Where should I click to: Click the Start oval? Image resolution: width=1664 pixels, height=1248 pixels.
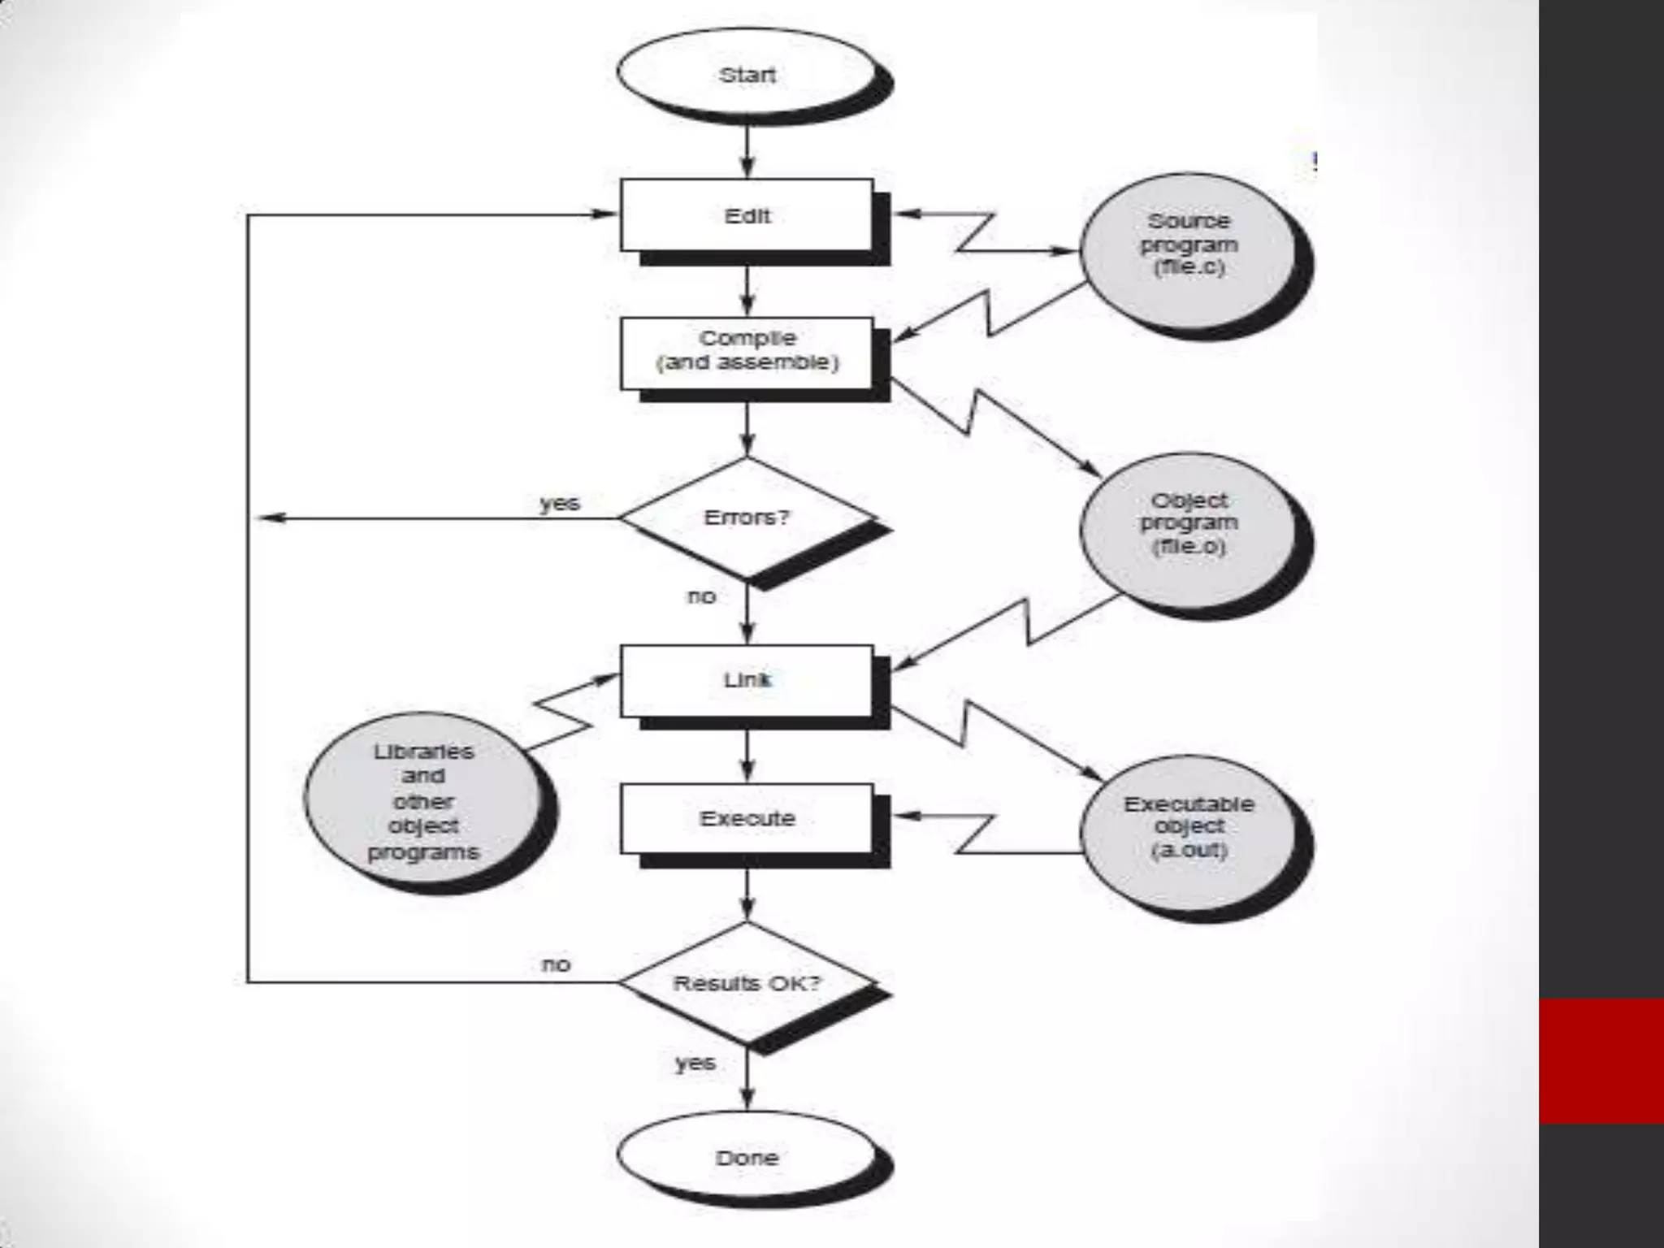pos(747,75)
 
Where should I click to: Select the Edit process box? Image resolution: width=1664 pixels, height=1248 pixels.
pos(747,216)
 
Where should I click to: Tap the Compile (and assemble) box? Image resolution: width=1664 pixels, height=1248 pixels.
pos(747,351)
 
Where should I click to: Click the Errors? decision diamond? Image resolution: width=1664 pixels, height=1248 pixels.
pos(747,518)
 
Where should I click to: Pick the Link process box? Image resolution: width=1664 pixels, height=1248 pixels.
pos(747,680)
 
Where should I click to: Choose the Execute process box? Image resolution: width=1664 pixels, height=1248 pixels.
pos(747,818)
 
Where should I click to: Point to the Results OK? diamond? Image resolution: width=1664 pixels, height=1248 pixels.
pos(747,983)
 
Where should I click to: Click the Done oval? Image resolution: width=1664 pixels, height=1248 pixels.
pos(747,1157)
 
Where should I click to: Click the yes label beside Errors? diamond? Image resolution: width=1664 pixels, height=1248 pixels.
pos(560,503)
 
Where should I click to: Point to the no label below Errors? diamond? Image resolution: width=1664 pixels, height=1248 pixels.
pos(701,596)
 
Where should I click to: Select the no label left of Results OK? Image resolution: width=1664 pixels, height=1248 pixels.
pos(557,964)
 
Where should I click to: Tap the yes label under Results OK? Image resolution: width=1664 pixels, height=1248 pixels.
pos(695,1063)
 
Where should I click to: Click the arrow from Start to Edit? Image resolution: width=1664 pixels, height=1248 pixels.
pos(747,152)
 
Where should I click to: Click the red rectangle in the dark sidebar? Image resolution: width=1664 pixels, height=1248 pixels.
pos(1601,1060)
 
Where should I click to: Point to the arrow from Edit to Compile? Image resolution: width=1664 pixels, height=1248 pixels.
pos(747,290)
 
